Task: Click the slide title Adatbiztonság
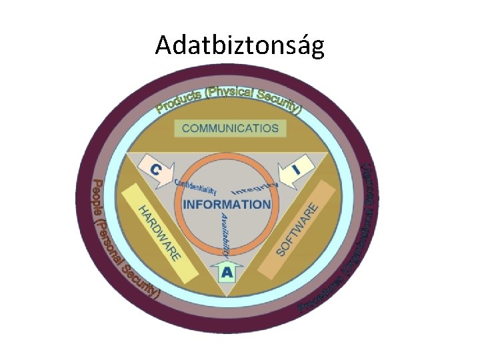point(240,45)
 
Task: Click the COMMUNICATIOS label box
point(230,128)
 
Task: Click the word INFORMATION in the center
point(227,204)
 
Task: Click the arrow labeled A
point(227,271)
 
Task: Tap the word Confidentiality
point(195,186)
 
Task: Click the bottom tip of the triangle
point(227,296)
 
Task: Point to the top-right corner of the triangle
point(328,153)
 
